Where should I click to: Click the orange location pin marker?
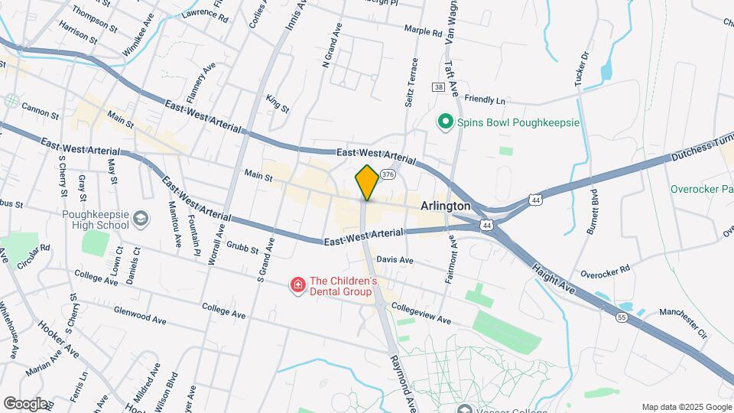tap(367, 184)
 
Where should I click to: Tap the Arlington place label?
tap(445, 206)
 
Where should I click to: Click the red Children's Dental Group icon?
tap(297, 286)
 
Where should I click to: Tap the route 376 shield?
tap(388, 174)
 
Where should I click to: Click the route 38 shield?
tap(438, 87)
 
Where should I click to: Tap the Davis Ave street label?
tap(395, 260)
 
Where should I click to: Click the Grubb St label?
tap(243, 246)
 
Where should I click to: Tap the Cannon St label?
tap(41, 114)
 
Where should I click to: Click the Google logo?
tap(25, 403)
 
